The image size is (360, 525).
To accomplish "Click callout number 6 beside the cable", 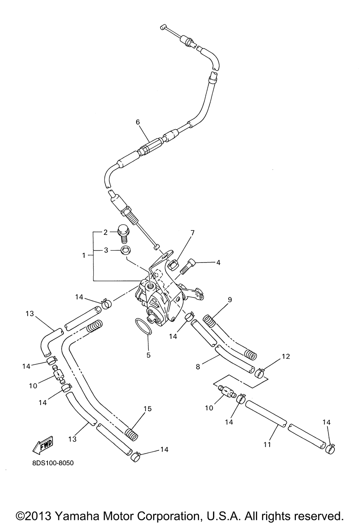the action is [x=138, y=122].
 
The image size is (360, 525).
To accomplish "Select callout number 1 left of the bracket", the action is [x=84, y=255].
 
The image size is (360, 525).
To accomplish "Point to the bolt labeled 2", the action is [x=123, y=233].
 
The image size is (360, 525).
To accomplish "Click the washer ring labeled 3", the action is [x=126, y=250].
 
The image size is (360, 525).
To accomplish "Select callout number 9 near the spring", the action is [x=230, y=300].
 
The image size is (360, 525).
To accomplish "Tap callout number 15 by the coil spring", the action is [x=148, y=408].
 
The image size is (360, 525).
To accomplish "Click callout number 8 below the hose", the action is [x=198, y=367].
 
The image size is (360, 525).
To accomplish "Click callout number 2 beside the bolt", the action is [x=105, y=232].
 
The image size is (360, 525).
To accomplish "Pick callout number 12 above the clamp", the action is [x=286, y=356].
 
